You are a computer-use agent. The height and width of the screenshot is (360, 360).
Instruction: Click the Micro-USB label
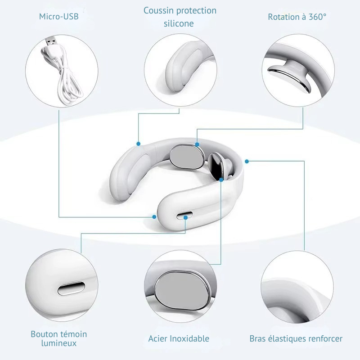(59, 17)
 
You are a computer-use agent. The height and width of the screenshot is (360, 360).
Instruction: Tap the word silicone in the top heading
(179, 23)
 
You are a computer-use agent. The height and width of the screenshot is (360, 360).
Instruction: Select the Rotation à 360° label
(297, 17)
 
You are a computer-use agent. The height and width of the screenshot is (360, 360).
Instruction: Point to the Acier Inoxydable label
(179, 339)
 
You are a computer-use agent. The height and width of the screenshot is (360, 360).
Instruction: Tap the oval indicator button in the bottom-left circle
(71, 288)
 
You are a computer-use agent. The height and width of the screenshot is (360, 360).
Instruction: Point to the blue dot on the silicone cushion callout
(138, 144)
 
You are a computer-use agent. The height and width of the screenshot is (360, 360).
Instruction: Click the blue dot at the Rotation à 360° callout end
(197, 144)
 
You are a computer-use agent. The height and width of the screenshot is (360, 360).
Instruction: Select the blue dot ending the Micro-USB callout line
(154, 217)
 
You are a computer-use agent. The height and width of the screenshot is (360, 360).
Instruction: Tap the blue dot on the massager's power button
(185, 217)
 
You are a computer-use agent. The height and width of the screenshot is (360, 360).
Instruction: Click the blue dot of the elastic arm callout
(247, 162)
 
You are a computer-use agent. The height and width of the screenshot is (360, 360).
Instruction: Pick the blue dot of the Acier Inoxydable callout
(221, 180)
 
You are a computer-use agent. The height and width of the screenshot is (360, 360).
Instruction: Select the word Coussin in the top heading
(158, 10)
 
